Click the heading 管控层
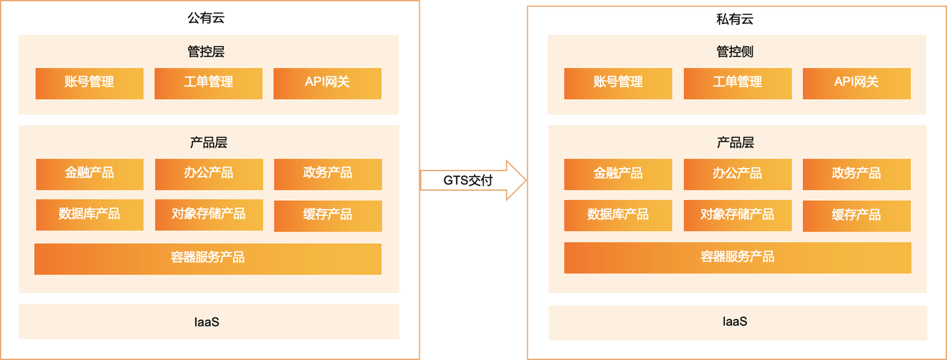click(x=206, y=52)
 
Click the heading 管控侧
click(x=735, y=52)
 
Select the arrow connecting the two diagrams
click(x=473, y=180)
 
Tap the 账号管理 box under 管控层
click(x=89, y=83)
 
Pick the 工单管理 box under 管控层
click(x=208, y=83)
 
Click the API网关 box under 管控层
click(x=327, y=83)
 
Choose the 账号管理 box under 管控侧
click(x=618, y=83)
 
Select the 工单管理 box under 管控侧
click(x=737, y=83)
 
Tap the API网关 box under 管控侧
click(x=856, y=83)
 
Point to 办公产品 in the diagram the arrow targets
click(x=737, y=174)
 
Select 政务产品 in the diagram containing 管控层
click(x=328, y=174)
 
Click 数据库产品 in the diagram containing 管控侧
click(x=618, y=215)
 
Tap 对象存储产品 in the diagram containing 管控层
click(x=208, y=215)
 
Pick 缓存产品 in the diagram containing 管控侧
click(x=856, y=216)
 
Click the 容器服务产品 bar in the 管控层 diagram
click(x=208, y=258)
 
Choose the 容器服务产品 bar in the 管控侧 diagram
click(x=737, y=258)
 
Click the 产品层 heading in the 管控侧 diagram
click(x=736, y=143)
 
